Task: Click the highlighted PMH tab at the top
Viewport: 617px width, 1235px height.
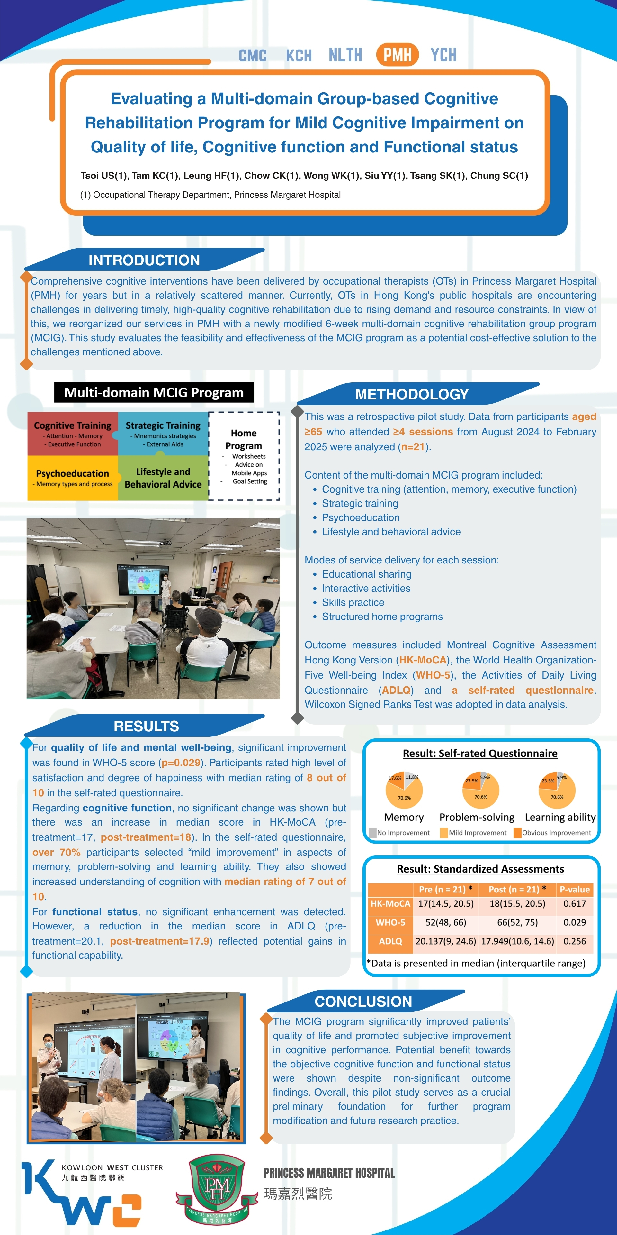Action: pyautogui.click(x=397, y=55)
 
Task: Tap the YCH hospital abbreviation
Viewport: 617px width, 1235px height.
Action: pyautogui.click(x=443, y=55)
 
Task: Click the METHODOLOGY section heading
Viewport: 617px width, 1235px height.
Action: pyautogui.click(x=411, y=394)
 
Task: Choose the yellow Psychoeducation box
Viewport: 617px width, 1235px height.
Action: pyautogui.click(x=72, y=478)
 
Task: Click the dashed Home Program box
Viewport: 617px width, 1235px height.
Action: pyautogui.click(x=244, y=456)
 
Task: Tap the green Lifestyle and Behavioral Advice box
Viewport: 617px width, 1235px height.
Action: pyautogui.click(x=163, y=478)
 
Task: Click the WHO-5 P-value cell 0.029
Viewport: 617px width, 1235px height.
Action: pyautogui.click(x=574, y=922)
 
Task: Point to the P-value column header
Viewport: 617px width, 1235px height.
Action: pyautogui.click(x=574, y=889)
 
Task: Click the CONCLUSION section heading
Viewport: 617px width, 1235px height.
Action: pyautogui.click(x=363, y=1002)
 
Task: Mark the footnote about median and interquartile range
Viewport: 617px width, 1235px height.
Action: pyautogui.click(x=476, y=963)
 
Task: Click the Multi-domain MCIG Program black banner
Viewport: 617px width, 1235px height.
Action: pyautogui.click(x=154, y=392)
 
